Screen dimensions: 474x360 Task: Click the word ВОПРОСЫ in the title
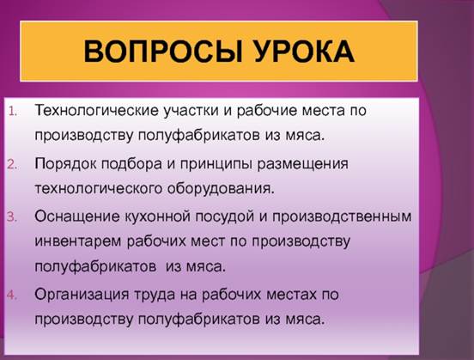pyautogui.click(x=163, y=52)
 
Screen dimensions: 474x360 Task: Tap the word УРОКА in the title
pyautogui.click(x=305, y=52)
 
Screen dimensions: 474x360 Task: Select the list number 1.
pyautogui.click(x=13, y=112)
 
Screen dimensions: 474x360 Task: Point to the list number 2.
pyautogui.click(x=13, y=165)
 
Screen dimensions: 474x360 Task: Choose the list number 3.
pyautogui.click(x=13, y=217)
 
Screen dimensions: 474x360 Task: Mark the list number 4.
pyautogui.click(x=13, y=295)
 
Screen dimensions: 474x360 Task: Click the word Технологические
pyautogui.click(x=96, y=110)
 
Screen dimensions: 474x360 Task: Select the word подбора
pyautogui.click(x=131, y=164)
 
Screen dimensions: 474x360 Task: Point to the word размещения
pyautogui.click(x=303, y=165)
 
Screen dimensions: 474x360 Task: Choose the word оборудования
pyautogui.click(x=221, y=189)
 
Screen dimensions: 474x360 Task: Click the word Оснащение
pyautogui.click(x=77, y=217)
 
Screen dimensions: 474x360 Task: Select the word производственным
pyautogui.click(x=342, y=217)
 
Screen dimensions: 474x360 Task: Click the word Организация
pyautogui.click(x=82, y=295)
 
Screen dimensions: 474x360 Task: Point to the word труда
pyautogui.click(x=155, y=295)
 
